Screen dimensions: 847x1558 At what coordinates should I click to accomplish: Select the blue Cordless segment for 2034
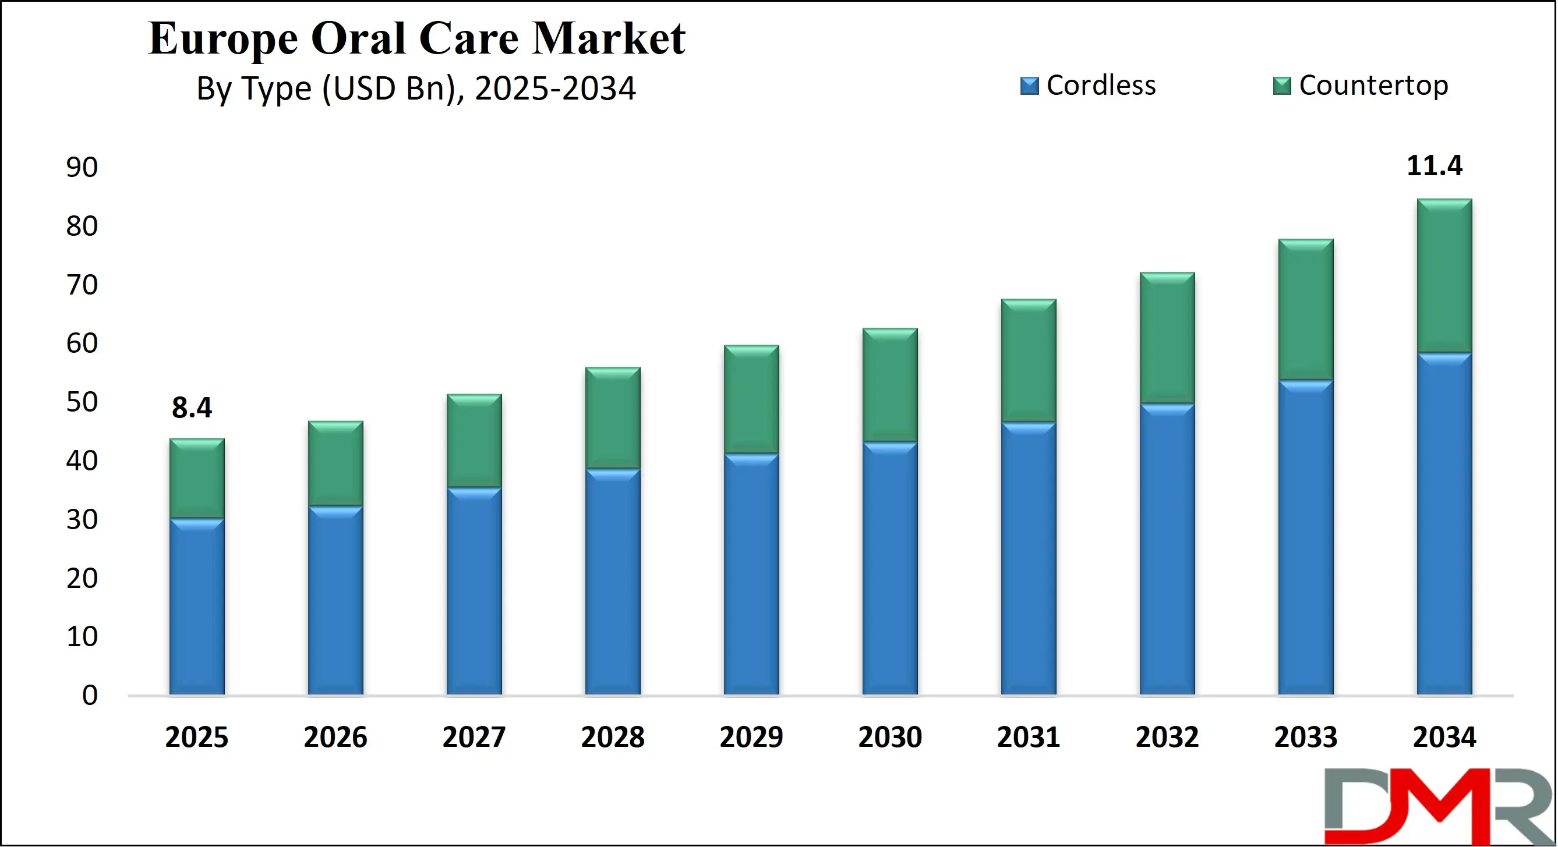[1444, 523]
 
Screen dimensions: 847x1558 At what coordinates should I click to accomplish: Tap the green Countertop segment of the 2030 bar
[890, 385]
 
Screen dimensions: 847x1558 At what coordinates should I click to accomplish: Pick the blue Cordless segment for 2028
[613, 582]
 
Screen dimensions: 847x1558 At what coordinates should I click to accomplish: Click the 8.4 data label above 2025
[192, 408]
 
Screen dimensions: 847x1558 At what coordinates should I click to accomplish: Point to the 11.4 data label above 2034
[1434, 166]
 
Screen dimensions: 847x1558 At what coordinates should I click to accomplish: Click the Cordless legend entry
[1088, 85]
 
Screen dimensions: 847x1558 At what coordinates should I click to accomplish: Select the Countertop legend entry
[1361, 85]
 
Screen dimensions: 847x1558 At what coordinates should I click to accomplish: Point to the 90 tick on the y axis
[82, 168]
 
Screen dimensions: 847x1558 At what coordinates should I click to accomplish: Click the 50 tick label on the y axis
[82, 402]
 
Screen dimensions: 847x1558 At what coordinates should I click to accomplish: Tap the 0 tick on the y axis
[90, 695]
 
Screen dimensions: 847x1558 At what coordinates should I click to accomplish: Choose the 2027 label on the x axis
[474, 737]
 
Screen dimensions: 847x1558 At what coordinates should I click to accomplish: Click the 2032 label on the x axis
[1167, 737]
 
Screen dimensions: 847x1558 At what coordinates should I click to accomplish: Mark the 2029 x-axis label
[751, 737]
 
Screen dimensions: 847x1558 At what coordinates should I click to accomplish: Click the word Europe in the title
[223, 38]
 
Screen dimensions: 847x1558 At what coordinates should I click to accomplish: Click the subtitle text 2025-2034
[554, 88]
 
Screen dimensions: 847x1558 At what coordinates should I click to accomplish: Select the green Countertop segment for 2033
[1306, 310]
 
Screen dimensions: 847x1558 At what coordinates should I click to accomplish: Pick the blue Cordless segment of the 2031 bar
[1028, 558]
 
